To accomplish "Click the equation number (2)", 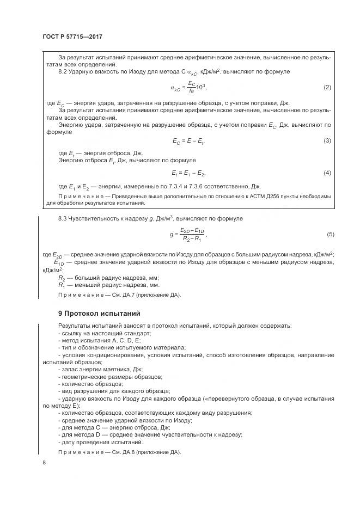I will (x=327, y=88).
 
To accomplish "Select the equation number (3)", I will (x=327, y=141).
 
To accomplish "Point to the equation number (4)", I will (x=327, y=173).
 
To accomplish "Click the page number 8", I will (x=44, y=463).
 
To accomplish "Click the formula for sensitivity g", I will (x=188, y=235).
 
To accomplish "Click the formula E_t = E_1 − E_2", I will (x=188, y=173).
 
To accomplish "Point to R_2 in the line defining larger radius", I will (x=61, y=278).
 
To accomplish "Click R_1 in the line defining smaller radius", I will (x=61, y=285).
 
